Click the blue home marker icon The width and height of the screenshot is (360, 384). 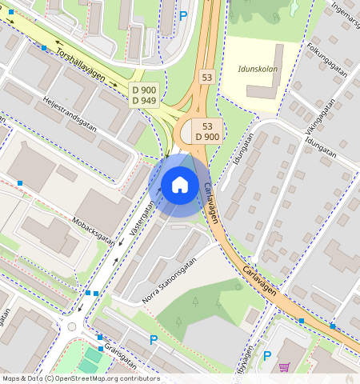(x=180, y=185)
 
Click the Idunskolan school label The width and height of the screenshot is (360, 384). (x=258, y=69)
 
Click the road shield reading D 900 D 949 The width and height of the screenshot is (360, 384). (x=144, y=95)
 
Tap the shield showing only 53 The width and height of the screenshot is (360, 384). (x=207, y=77)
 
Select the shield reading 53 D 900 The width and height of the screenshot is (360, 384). (x=206, y=131)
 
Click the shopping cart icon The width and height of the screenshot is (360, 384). (x=284, y=367)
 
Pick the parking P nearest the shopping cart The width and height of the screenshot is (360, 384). (x=267, y=355)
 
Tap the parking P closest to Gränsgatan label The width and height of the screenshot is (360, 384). (x=153, y=340)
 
